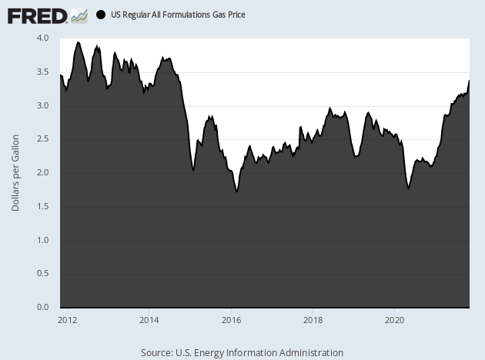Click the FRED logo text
(36, 15)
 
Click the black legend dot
(101, 15)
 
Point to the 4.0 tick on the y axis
(42, 38)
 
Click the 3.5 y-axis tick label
(42, 72)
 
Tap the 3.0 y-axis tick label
(42, 105)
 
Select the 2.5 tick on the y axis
(42, 139)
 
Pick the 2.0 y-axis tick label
(42, 173)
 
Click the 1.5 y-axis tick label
(42, 207)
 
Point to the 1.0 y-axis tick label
(42, 241)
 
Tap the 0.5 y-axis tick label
(42, 274)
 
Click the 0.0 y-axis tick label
(42, 308)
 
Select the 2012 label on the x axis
(67, 319)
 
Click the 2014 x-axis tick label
(149, 319)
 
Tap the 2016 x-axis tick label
(231, 319)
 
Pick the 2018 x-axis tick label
(313, 319)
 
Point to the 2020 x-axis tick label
(394, 319)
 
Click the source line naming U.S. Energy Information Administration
(242, 352)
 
